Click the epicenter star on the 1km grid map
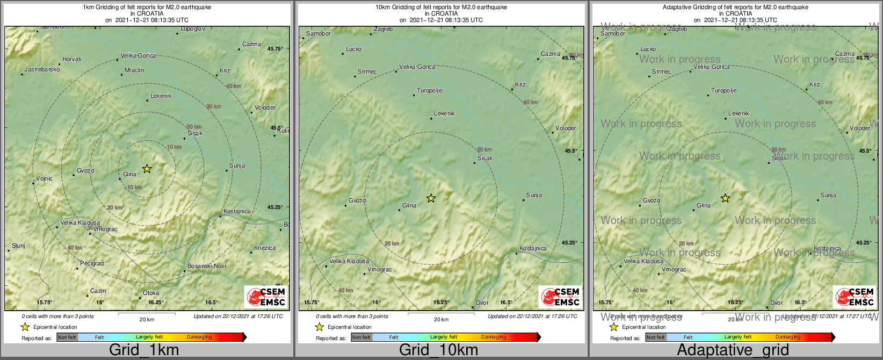[147, 169]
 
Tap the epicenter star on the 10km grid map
[431, 198]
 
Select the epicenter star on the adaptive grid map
[725, 198]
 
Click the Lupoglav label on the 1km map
[192, 29]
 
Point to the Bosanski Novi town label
[206, 266]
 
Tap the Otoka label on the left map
[151, 293]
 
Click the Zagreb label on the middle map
[383, 30]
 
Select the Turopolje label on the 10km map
[429, 90]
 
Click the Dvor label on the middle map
[482, 303]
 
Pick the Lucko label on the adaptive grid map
[648, 49]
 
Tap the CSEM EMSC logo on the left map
[266, 297]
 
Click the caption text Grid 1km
[144, 350]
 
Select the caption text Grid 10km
[438, 350]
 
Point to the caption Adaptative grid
[733, 350]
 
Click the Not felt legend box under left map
[67, 337]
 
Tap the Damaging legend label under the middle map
[494, 337]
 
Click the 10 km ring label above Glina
[174, 147]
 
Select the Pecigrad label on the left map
[92, 263]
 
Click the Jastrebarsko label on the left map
[42, 69]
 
